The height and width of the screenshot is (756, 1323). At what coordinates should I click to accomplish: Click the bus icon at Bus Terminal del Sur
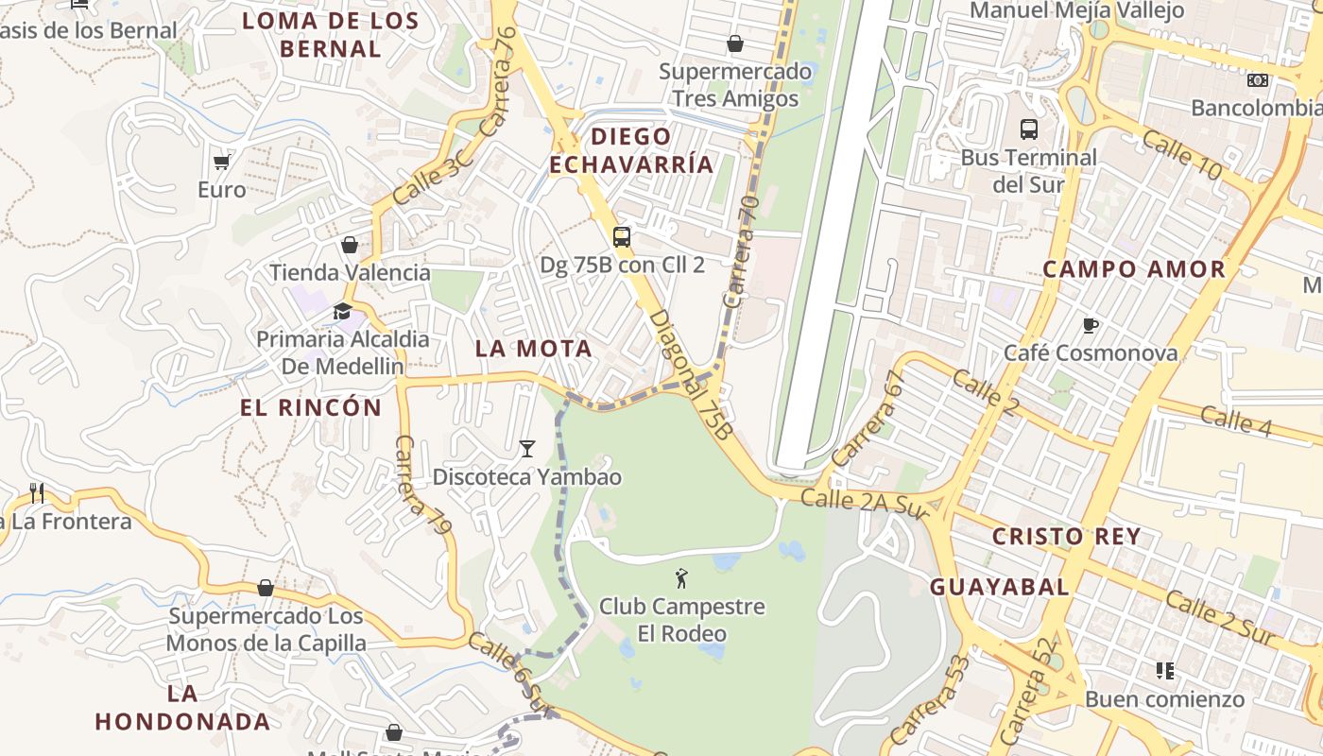coord(1029,129)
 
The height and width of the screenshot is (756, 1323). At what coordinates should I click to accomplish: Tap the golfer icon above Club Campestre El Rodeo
coord(681,578)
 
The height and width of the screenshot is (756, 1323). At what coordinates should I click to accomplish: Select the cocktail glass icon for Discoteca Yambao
coord(527,449)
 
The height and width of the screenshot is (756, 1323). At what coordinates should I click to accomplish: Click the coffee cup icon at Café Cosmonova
coord(1091,326)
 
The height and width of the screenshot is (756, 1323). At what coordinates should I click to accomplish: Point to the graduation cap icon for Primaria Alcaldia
coord(342,312)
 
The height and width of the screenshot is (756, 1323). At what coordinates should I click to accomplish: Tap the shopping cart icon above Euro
coord(221,163)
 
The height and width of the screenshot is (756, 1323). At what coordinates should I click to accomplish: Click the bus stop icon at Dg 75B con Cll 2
coord(622,237)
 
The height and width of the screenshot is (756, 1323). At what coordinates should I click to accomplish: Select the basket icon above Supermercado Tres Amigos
coord(735,43)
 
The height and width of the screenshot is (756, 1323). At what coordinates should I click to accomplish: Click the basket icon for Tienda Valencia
coord(350,246)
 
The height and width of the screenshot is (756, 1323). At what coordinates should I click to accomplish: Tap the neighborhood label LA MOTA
coord(534,349)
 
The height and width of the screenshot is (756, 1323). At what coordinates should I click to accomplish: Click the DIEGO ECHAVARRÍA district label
coord(631,150)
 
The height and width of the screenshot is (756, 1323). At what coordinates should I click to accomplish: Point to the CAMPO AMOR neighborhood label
coord(1134,269)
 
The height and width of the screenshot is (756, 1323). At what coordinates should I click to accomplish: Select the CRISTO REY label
coord(1066,537)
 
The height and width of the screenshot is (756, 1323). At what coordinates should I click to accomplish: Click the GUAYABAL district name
coord(1000,587)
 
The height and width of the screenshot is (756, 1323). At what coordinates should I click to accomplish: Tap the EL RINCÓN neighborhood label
coord(311,408)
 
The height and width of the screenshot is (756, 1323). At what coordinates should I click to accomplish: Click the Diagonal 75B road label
coord(691,375)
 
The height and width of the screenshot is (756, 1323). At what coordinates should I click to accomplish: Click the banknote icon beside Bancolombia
coord(1258,80)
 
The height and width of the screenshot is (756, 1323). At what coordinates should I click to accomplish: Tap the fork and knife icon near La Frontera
coord(37,492)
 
